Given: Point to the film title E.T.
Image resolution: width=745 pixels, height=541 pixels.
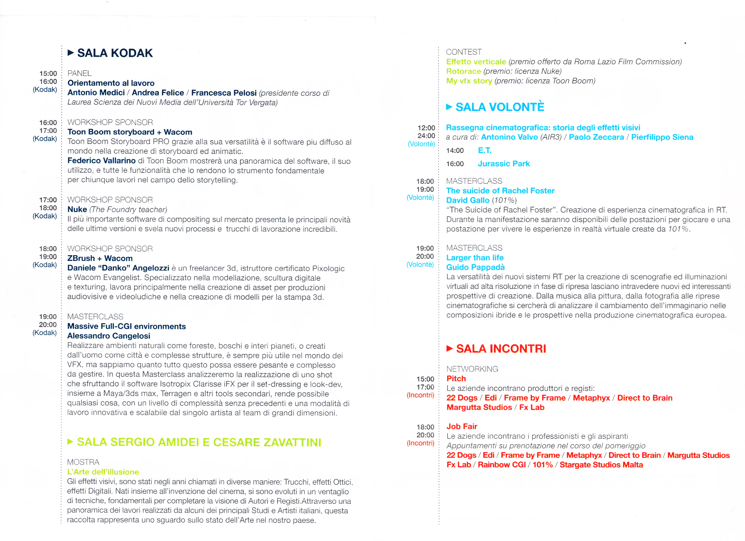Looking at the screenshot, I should [x=485, y=150].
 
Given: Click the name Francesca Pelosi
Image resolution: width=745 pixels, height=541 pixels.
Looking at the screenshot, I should [x=224, y=93].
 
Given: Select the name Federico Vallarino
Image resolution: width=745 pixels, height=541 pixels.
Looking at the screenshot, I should [x=101, y=161].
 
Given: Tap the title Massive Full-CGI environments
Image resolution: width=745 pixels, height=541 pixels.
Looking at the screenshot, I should [x=127, y=326].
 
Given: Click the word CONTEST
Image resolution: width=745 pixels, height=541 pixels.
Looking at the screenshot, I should [x=463, y=52].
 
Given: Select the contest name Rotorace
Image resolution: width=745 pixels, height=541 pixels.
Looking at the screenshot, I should [x=463, y=71].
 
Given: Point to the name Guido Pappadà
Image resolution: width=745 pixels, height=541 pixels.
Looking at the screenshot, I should [x=475, y=267].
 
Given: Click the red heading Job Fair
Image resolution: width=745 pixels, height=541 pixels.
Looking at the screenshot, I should [x=462, y=426].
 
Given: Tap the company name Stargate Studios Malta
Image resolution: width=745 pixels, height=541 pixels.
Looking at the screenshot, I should [x=601, y=465].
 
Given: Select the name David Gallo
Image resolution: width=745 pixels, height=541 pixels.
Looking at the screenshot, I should [x=467, y=200].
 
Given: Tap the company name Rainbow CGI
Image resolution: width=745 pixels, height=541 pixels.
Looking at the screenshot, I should [x=502, y=465].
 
